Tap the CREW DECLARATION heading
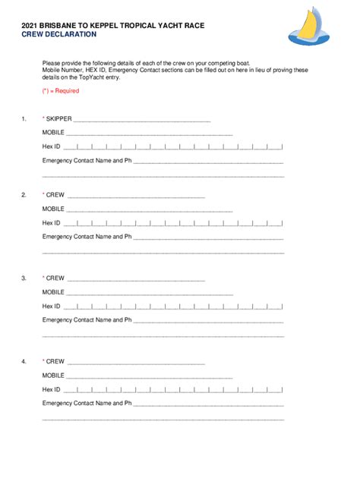[x=58, y=35]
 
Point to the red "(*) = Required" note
[x=61, y=90]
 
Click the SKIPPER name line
[x=141, y=120]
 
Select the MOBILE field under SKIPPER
[x=149, y=134]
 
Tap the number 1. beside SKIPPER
[x=24, y=119]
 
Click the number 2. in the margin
[x=24, y=195]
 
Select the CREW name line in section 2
[x=136, y=196]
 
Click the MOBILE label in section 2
[x=53, y=209]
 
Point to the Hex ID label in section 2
[x=51, y=222]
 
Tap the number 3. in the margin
[x=24, y=278]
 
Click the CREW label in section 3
[x=55, y=278]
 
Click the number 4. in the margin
[x=24, y=362]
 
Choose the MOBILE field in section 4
[x=149, y=376]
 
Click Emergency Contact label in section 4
[x=87, y=404]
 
